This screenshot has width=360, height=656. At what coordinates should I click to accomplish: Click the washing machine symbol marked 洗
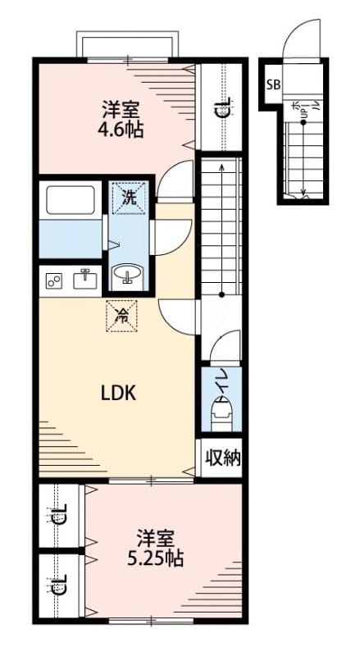130,197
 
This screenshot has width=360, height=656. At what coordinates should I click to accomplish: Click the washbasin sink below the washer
128,274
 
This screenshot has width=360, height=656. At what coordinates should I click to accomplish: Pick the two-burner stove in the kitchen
55,281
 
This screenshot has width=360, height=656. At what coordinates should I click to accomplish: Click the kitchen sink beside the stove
84,280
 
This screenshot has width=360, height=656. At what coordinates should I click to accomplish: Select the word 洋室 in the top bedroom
119,108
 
